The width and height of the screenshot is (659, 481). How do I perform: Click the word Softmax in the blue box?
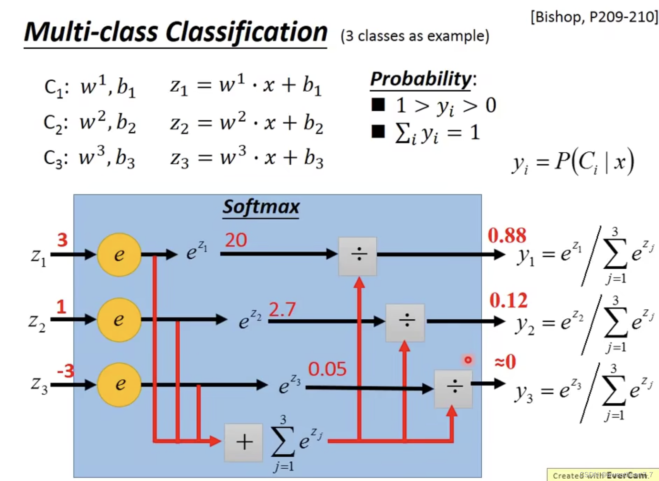pos(261,207)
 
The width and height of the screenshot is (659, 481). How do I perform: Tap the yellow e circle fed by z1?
pos(119,254)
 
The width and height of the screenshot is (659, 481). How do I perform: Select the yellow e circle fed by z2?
pos(119,320)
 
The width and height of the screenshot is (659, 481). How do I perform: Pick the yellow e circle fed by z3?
pos(119,384)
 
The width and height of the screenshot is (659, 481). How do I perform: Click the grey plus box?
pos(244,442)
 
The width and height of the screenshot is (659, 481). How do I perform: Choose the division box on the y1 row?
pos(358,256)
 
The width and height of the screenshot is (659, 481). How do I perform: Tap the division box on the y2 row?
pos(405,322)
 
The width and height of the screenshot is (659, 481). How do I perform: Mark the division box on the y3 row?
pos(453,388)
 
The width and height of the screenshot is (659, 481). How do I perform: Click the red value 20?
pos(236,240)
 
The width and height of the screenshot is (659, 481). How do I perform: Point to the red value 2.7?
pos(282,309)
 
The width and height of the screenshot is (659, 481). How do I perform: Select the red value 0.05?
pos(327,369)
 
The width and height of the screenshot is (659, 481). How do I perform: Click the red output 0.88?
pos(507,235)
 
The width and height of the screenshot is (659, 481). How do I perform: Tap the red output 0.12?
pos(508,300)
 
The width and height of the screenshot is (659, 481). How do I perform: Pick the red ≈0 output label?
pos(505,362)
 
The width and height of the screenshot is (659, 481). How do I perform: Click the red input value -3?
pos(65,371)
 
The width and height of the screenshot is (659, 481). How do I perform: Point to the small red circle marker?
pos(468,360)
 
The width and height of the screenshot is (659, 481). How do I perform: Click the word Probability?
pos(421,79)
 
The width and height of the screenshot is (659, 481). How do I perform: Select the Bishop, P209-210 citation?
pos(594,17)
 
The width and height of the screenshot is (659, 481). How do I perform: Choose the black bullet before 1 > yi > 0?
pos(378,105)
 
